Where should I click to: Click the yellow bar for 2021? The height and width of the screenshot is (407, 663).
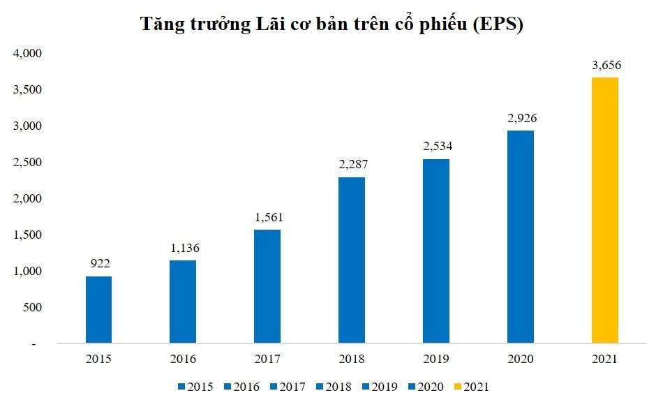point(604,210)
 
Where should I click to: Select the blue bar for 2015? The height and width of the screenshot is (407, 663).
point(98,309)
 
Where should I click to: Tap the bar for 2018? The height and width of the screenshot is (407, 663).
point(352,260)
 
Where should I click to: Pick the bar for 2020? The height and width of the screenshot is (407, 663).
point(521,237)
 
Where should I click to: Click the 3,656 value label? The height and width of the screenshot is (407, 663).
point(606,66)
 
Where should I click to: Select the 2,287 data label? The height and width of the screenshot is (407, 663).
point(352,165)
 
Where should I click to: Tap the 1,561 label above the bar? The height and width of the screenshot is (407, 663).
point(268,217)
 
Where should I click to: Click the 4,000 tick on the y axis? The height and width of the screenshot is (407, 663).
point(28,53)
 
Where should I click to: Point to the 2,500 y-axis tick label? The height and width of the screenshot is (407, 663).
point(28,162)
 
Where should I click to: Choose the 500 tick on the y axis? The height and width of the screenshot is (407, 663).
point(32,307)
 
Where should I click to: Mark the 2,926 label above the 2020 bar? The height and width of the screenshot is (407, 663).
point(521,118)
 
